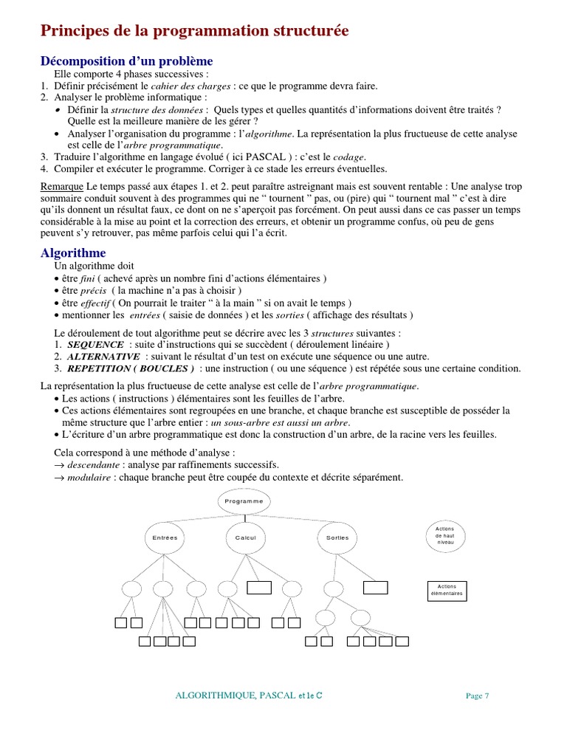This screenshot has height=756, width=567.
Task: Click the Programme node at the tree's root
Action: (244, 501)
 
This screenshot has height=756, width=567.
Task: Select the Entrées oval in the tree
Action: (165, 537)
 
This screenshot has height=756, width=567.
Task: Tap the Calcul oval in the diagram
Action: (245, 537)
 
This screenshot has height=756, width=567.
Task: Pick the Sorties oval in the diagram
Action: (337, 537)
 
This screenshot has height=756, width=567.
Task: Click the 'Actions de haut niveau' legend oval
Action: (445, 535)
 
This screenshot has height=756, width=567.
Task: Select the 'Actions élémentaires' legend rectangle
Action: (447, 591)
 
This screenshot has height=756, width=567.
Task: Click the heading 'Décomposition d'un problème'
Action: (126, 61)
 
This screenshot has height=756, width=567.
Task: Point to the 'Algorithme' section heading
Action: (73, 253)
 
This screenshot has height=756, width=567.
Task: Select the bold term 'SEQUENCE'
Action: (95, 345)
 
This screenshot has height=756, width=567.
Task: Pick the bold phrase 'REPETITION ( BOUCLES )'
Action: (130, 368)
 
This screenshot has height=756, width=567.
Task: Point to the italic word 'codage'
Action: (349, 157)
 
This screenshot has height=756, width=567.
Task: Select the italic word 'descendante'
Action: (93, 465)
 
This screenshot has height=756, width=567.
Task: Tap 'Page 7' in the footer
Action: (478, 695)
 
